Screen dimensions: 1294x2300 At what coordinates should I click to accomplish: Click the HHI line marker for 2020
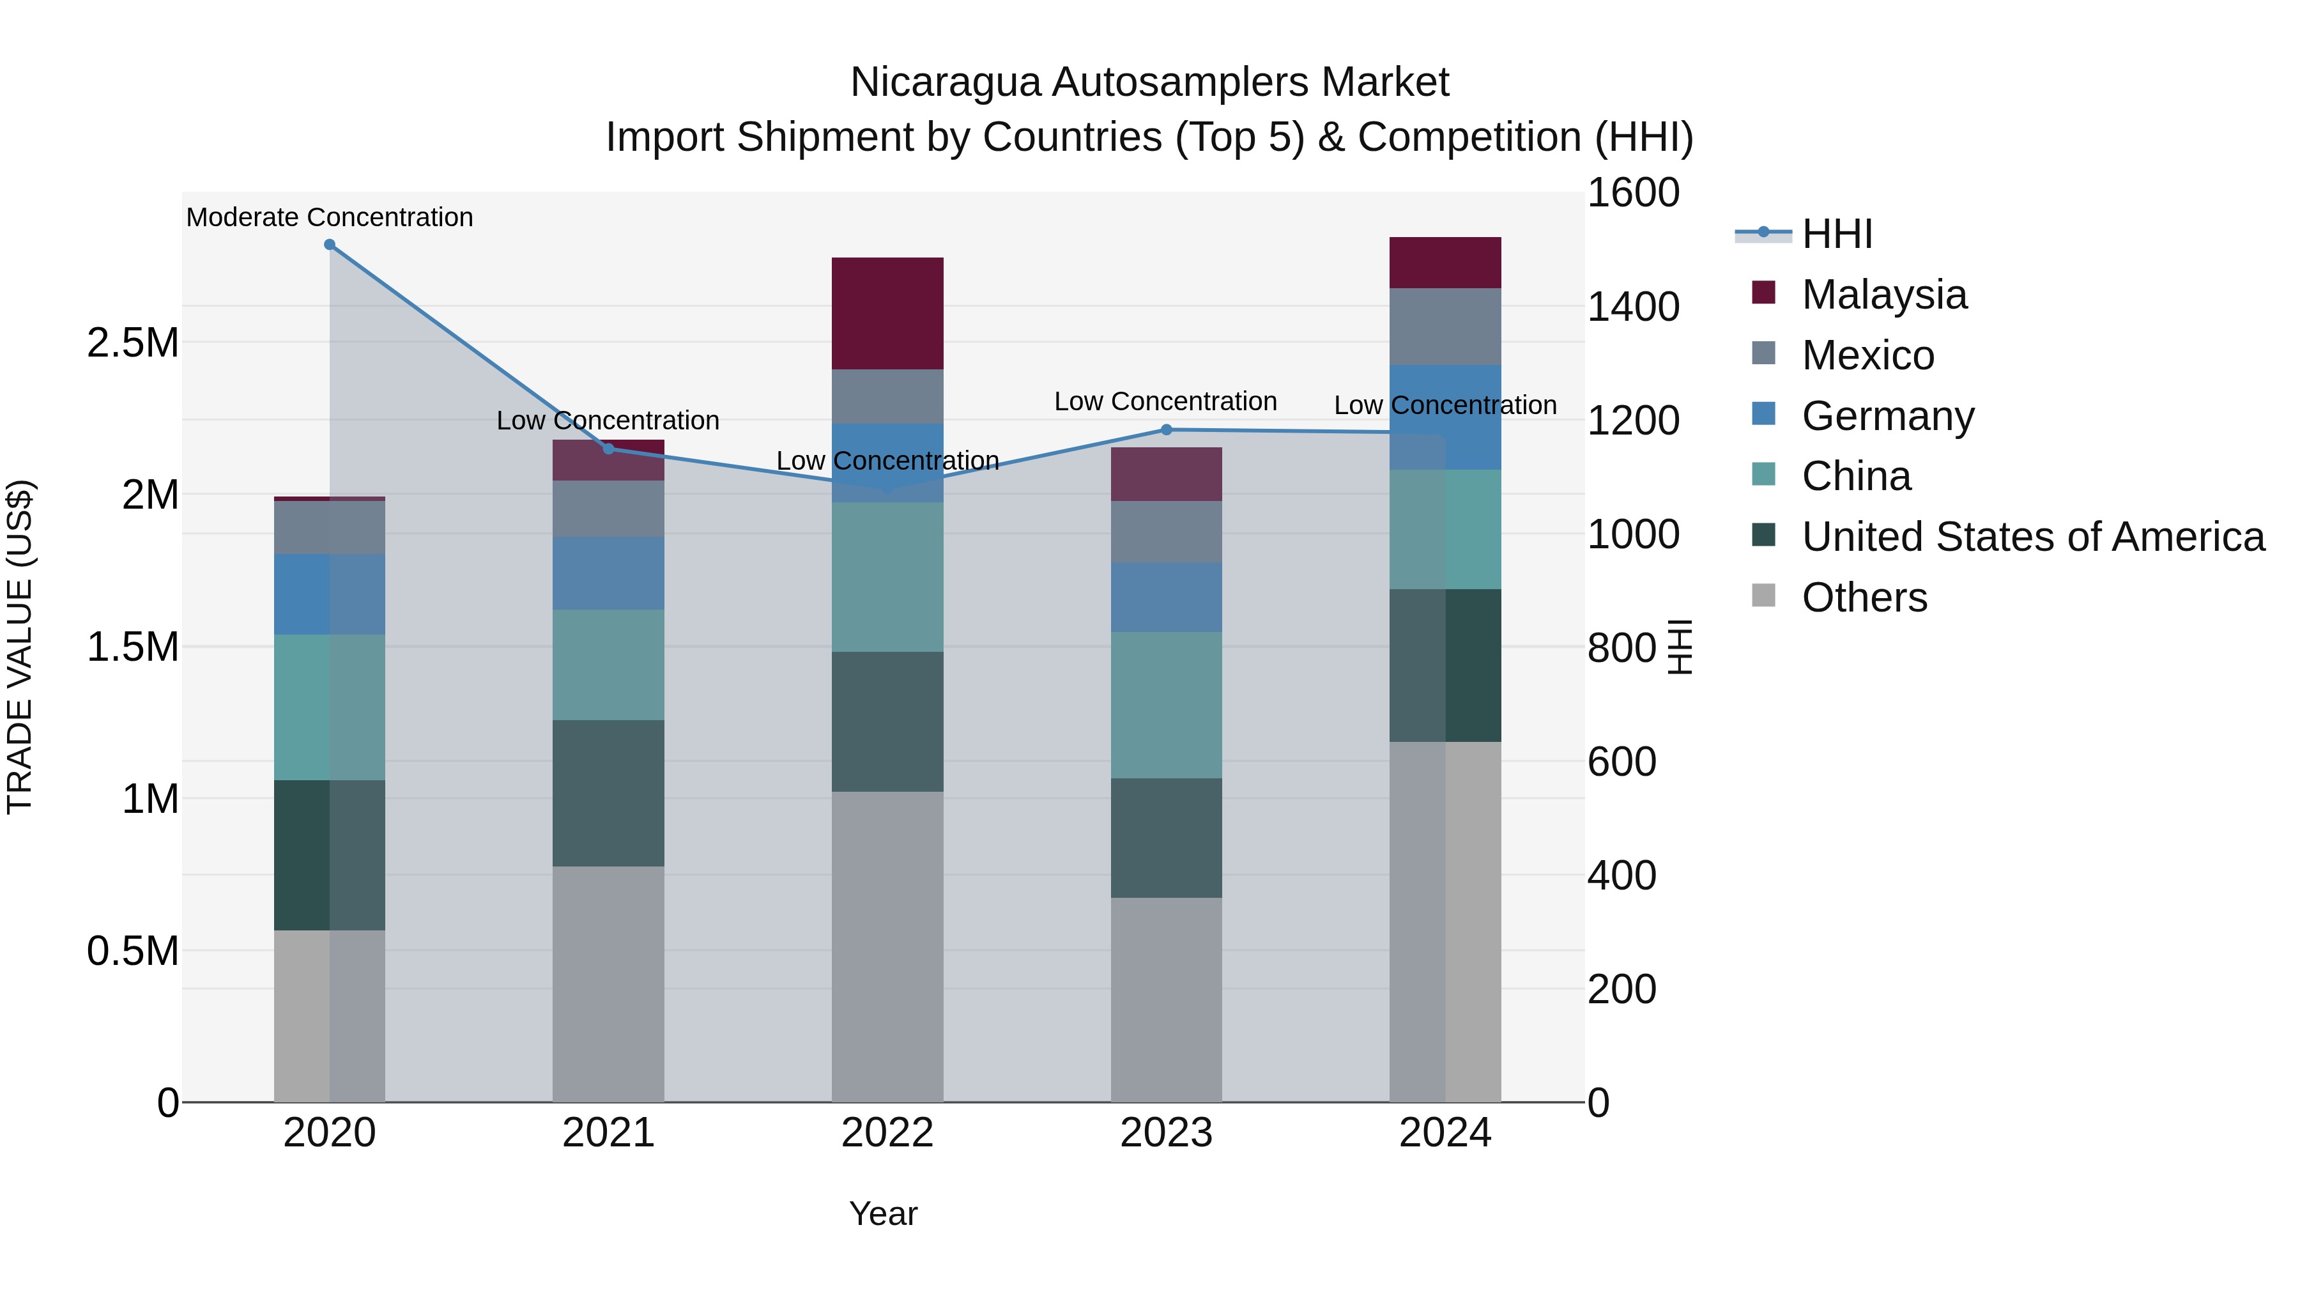330,245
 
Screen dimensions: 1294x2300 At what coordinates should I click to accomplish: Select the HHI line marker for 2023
1166,429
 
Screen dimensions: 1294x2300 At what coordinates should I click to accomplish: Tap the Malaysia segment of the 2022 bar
887,314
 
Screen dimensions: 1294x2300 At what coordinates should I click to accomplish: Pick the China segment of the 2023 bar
1166,705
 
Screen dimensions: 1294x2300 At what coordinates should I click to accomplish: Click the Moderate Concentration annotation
330,217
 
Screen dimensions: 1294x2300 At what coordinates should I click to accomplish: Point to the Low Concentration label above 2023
1165,402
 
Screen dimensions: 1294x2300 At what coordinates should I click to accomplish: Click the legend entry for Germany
1887,416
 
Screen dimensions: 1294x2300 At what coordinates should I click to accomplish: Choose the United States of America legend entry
2033,537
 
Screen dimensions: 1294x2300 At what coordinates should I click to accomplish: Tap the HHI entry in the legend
1837,234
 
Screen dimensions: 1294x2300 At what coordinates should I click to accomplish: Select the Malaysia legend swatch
1763,293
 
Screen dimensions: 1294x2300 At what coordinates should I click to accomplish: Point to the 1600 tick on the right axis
1633,193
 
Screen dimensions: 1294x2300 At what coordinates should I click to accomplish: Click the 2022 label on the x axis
887,1133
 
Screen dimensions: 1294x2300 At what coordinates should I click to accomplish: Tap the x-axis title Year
883,1213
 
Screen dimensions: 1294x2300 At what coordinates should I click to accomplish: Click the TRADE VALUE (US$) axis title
20,647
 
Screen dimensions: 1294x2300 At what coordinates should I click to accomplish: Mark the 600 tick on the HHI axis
1621,762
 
